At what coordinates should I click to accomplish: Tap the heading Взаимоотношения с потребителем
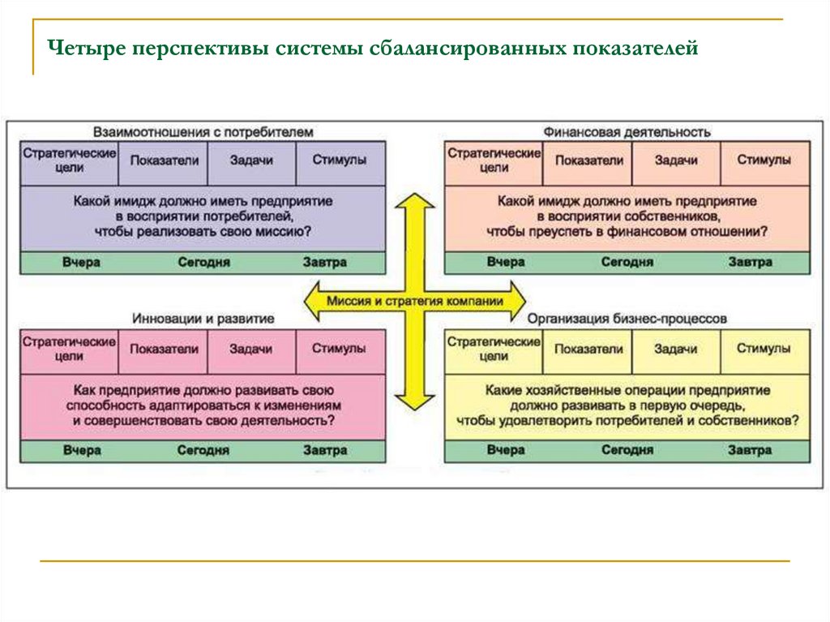click(x=203, y=131)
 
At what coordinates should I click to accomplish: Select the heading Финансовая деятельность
click(x=627, y=131)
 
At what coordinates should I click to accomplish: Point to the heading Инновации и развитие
click(x=203, y=320)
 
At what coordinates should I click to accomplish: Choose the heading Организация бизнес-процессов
click(x=627, y=320)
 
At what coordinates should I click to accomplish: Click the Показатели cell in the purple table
click(x=164, y=161)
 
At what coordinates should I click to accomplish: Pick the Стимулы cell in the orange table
click(x=764, y=161)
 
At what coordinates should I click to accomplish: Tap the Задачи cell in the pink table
click(x=250, y=350)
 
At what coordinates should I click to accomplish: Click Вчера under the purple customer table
click(x=82, y=263)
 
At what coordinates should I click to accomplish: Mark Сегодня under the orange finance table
click(x=627, y=263)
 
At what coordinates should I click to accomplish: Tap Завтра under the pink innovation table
click(x=325, y=451)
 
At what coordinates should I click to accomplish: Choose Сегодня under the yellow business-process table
click(x=627, y=451)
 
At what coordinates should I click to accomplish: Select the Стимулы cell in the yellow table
click(x=764, y=350)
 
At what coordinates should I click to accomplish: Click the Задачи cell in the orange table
click(x=676, y=161)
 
